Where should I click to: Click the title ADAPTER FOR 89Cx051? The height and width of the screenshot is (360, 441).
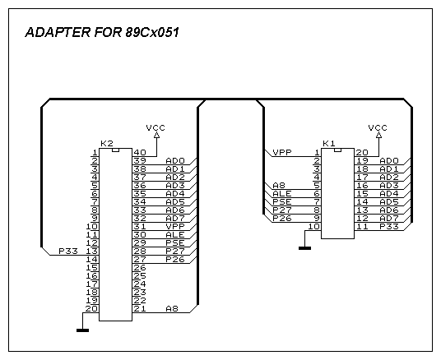pos(102,32)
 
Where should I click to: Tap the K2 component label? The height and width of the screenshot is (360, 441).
pos(107,144)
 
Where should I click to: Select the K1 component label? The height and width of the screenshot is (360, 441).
pos(329,144)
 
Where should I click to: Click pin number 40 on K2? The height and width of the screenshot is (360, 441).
pos(140,153)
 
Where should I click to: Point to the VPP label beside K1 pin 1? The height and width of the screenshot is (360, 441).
pos(282,152)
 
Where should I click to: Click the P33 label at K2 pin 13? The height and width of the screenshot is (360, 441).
pos(68,251)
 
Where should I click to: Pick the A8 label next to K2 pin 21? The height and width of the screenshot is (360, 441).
pos(172,308)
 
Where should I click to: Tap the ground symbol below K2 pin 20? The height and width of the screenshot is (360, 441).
pos(82,330)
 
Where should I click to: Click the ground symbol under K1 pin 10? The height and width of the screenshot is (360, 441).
pos(305,248)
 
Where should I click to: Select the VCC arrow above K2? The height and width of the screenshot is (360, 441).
pos(156,135)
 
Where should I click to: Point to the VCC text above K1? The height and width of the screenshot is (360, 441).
pos(378,128)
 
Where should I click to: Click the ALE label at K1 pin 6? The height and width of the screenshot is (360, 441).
pos(282,194)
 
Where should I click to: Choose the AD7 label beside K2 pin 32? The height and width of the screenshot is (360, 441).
pos(175,218)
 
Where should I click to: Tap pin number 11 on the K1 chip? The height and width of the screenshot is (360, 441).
pos(363,227)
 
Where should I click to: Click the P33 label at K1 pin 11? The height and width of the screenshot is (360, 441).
pos(389,227)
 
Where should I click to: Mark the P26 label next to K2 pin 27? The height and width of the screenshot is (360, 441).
pos(175,259)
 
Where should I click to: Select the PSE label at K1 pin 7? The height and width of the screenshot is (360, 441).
pos(282,201)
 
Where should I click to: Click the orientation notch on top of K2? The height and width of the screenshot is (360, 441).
pos(115,150)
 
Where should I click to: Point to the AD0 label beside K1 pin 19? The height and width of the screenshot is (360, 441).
pos(389,161)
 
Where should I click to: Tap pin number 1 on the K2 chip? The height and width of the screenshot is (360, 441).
pos(95,153)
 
